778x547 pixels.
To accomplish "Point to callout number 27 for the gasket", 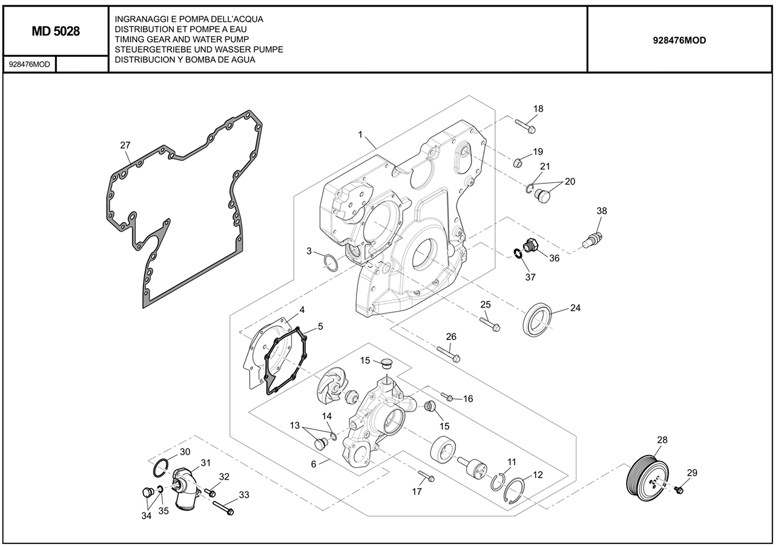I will point(125,145).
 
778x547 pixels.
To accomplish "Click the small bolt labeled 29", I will point(679,489).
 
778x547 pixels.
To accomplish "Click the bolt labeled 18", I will point(526,126).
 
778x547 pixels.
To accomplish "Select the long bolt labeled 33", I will point(223,508).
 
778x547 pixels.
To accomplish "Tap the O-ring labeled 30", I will point(160,468).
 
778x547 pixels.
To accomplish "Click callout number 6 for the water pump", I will point(314,464).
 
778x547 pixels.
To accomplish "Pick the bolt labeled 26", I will point(447,353).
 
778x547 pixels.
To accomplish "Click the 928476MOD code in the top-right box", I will point(679,41).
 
